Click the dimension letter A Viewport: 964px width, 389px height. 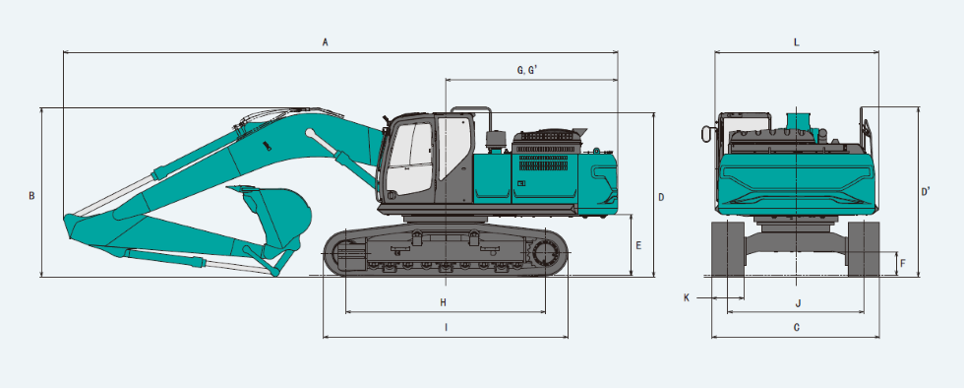coord(326,42)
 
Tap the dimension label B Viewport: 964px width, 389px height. coord(31,196)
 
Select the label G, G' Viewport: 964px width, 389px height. coord(527,70)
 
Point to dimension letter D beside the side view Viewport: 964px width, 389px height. coord(661,198)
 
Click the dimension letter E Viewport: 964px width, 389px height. coord(638,245)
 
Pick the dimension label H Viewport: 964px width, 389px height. coord(444,302)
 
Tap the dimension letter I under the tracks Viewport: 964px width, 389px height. coord(446,328)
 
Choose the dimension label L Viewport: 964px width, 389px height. coord(796,42)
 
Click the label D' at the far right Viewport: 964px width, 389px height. coord(926,192)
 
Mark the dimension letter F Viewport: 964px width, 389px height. coord(903,264)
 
